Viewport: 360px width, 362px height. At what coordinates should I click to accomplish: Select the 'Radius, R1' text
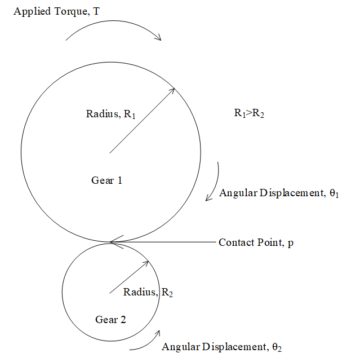pyautogui.click(x=111, y=114)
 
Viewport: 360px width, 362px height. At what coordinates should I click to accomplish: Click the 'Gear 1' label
pyautogui.click(x=106, y=180)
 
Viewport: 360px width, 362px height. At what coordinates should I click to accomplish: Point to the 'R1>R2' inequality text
pyautogui.click(x=249, y=113)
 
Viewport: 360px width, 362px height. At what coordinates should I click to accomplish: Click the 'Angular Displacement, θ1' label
pyautogui.click(x=278, y=193)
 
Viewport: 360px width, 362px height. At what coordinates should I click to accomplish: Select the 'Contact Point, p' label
pyautogui.click(x=256, y=242)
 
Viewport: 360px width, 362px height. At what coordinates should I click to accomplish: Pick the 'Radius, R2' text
pyautogui.click(x=148, y=292)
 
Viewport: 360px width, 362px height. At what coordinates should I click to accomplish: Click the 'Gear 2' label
pyautogui.click(x=110, y=320)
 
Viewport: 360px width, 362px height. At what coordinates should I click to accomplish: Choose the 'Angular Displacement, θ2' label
pyautogui.click(x=221, y=347)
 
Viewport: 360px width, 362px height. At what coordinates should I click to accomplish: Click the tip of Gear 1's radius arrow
pyautogui.click(x=175, y=89)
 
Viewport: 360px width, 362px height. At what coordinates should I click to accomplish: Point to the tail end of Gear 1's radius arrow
pyautogui.click(x=109, y=153)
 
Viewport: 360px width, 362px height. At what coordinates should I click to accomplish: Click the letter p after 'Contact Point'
pyautogui.click(x=291, y=243)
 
